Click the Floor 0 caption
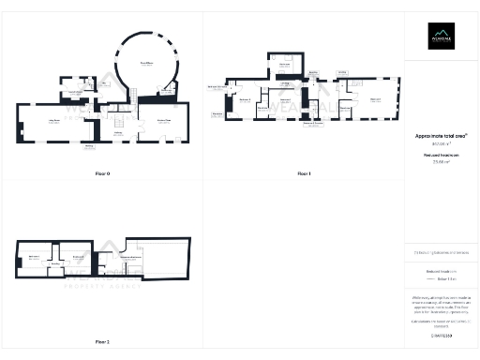click(x=102, y=174)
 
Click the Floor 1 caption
click(x=304, y=174)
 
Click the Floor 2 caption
click(x=102, y=342)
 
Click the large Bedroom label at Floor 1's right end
click(x=376, y=98)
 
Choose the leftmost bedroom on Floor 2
click(x=34, y=256)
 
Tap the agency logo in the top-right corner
click(x=441, y=37)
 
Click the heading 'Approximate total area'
click(x=440, y=136)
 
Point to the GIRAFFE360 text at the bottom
click(x=440, y=334)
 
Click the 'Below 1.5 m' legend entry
click(x=446, y=279)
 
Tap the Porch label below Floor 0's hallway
click(x=90, y=146)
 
